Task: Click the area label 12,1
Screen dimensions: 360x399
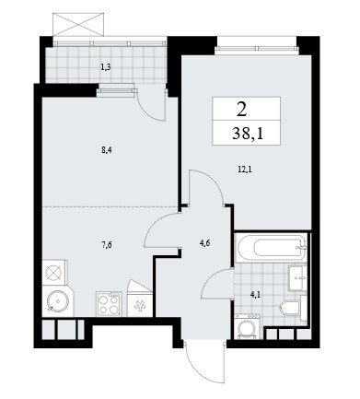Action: (245, 169)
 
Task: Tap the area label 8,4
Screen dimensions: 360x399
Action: (106, 150)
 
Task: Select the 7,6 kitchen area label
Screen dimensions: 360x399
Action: (106, 245)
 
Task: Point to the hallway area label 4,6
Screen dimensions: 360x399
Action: (204, 243)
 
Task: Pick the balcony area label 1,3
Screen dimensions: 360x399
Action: (106, 68)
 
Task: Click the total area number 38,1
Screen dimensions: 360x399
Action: (248, 135)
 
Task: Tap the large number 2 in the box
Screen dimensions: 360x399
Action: (241, 111)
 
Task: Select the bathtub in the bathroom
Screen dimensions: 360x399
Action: (272, 248)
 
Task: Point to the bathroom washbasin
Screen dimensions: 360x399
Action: (297, 277)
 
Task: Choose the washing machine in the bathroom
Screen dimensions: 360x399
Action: (248, 326)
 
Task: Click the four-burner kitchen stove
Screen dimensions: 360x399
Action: (109, 304)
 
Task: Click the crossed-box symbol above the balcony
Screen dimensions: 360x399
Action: (78, 25)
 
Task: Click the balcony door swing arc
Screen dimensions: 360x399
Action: (149, 111)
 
